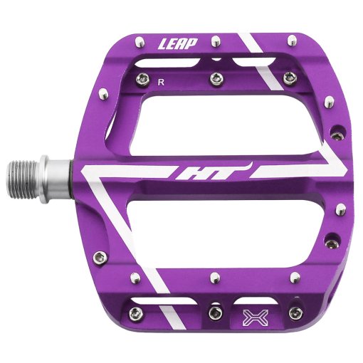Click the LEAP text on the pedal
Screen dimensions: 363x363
178,44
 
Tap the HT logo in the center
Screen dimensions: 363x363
212,172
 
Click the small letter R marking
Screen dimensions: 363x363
161,83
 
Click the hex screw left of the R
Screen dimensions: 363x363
143,78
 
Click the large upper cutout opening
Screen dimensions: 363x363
226,123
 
